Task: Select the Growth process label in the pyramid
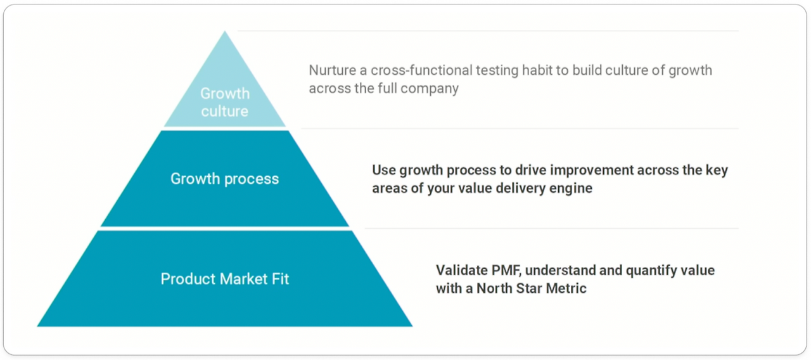click(x=224, y=179)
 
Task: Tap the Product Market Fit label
click(x=224, y=279)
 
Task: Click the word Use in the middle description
click(x=383, y=170)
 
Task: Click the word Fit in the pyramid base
click(x=280, y=279)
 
